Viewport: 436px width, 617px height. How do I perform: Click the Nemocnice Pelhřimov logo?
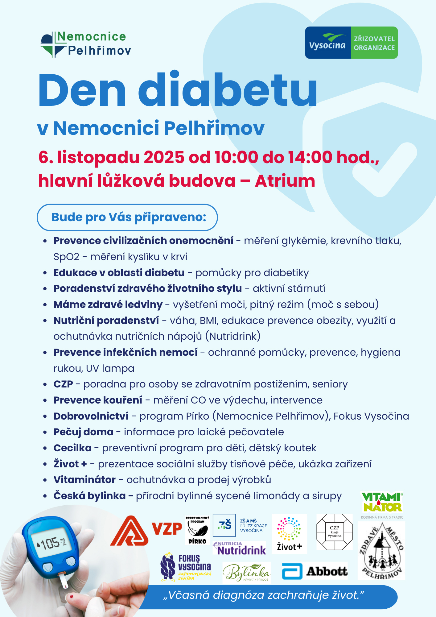[86, 44]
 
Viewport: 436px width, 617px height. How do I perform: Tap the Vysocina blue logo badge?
[328, 43]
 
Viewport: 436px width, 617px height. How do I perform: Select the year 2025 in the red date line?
[164, 157]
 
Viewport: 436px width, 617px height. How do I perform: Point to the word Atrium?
[285, 181]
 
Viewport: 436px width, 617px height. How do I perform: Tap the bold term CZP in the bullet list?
[63, 384]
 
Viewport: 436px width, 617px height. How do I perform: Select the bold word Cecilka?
[72, 448]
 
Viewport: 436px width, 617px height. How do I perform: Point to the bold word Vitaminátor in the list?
[84, 480]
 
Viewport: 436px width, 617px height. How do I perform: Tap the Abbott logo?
[315, 571]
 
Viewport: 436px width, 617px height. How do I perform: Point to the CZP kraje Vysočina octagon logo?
[335, 532]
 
